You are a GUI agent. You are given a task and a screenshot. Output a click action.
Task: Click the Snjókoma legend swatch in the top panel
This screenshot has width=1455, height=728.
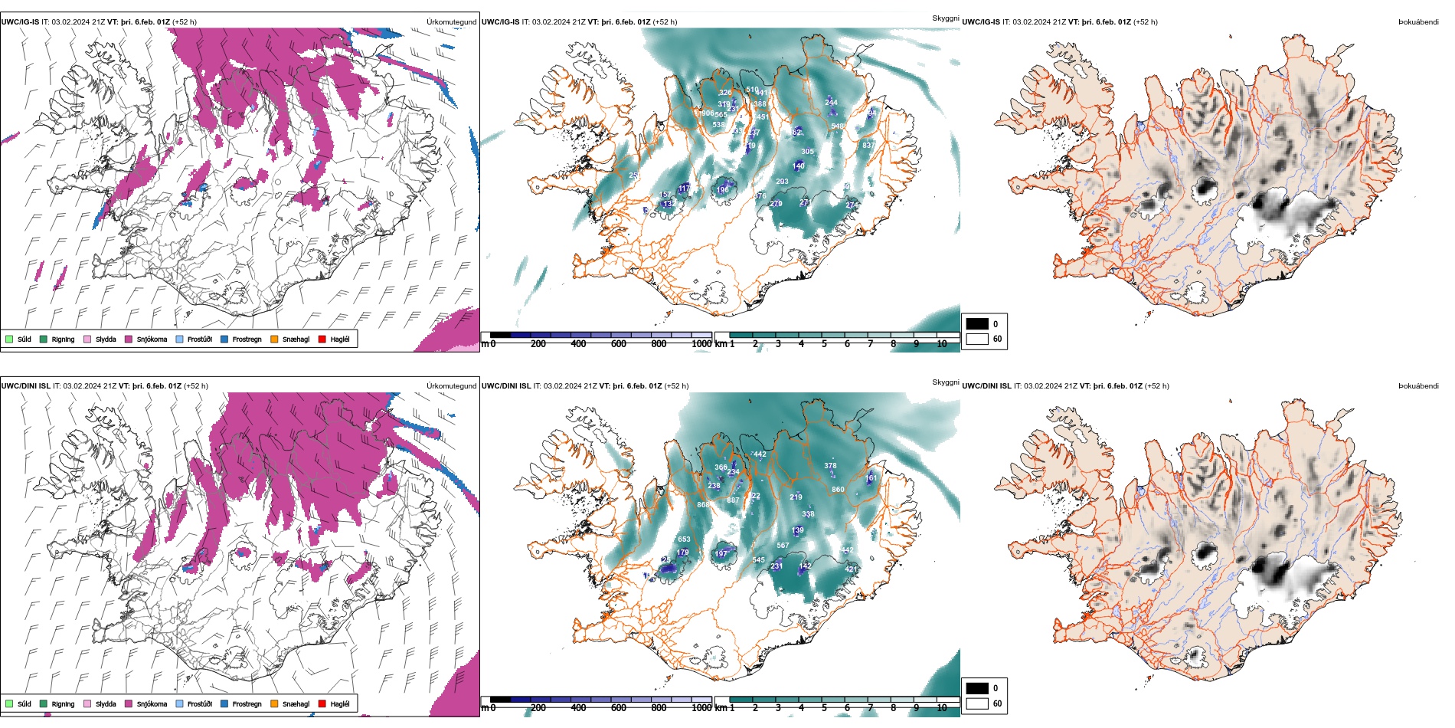[129, 339]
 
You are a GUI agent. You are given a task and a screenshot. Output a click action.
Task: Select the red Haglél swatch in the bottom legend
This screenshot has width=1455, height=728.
[322, 703]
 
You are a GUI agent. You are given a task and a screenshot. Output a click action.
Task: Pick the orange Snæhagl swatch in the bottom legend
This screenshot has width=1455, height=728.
[274, 703]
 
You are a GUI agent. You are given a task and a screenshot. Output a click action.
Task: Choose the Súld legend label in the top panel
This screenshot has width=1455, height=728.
[25, 339]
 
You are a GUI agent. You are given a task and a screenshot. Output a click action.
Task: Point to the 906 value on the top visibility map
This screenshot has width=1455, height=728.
[707, 113]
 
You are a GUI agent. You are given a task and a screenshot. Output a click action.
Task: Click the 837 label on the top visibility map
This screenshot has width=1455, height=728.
[868, 146]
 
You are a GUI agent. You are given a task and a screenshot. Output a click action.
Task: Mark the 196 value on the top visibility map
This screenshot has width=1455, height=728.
[723, 190]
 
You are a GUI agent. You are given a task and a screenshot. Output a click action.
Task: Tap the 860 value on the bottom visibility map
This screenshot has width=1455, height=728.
[838, 489]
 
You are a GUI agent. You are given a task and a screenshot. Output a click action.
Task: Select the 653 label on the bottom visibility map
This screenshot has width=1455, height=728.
[684, 539]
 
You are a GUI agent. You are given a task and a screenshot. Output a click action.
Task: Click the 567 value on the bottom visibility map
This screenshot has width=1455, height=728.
[783, 546]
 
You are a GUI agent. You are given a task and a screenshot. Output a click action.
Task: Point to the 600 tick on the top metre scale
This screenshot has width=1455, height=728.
[618, 344]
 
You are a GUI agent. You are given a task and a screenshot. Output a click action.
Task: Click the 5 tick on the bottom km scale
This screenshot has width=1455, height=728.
[824, 708]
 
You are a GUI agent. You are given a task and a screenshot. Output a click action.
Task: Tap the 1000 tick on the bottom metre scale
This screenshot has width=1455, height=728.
[701, 708]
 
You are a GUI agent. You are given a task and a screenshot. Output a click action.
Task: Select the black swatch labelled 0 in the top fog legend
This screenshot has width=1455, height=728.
[977, 324]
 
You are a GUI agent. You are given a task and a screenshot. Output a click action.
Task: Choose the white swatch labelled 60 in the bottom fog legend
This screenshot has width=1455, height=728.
[977, 703]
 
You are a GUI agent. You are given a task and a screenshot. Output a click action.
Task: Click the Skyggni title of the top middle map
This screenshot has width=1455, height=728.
[945, 18]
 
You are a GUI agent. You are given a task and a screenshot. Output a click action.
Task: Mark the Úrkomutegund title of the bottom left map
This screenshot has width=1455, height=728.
[451, 386]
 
